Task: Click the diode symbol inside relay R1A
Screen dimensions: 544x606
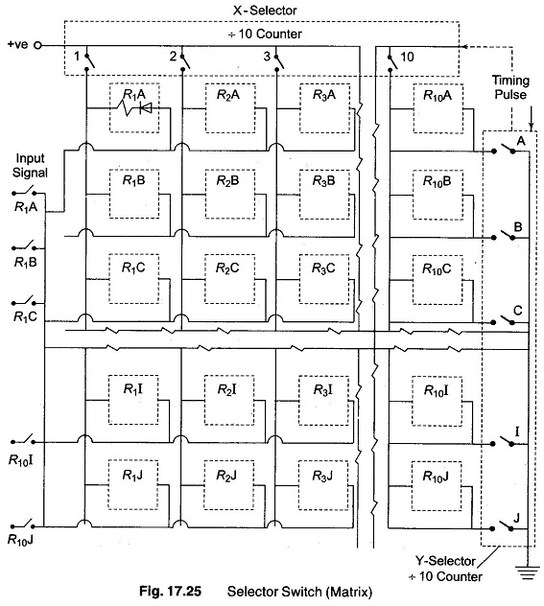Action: (146, 108)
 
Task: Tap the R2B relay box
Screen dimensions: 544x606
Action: (229, 195)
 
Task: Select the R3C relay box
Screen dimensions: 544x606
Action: (324, 279)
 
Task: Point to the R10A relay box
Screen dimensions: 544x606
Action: (438, 109)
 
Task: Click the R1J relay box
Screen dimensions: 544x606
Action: (133, 484)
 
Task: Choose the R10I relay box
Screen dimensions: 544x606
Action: (437, 401)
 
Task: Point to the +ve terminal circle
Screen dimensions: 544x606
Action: (37, 46)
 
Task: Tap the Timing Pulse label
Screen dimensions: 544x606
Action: (510, 87)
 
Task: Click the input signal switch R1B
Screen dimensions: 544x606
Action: (24, 246)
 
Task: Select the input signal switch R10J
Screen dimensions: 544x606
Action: (23, 524)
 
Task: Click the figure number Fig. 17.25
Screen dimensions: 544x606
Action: (170, 592)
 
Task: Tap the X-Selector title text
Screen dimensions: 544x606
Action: (265, 10)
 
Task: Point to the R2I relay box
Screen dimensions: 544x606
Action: (229, 401)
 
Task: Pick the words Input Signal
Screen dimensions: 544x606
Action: (30, 165)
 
